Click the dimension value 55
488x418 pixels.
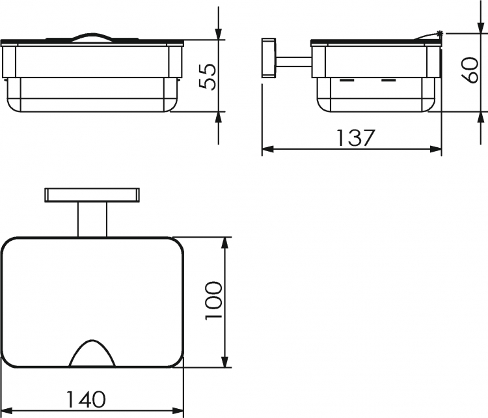208,77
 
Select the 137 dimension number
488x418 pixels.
356,137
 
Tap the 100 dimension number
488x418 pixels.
214,300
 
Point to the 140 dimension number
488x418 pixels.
86,399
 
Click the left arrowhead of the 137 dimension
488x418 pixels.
267,149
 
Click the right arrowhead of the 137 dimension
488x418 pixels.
436,149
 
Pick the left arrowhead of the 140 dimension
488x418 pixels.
7,410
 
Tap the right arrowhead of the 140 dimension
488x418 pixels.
178,410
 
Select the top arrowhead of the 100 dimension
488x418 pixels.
224,243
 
